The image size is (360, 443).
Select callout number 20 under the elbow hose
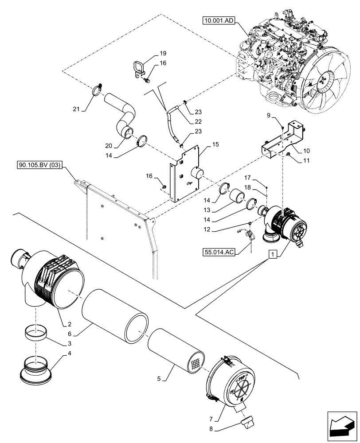[x=109, y=145]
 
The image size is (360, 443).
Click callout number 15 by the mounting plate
[x=215, y=144]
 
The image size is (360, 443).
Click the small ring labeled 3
[x=35, y=333]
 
